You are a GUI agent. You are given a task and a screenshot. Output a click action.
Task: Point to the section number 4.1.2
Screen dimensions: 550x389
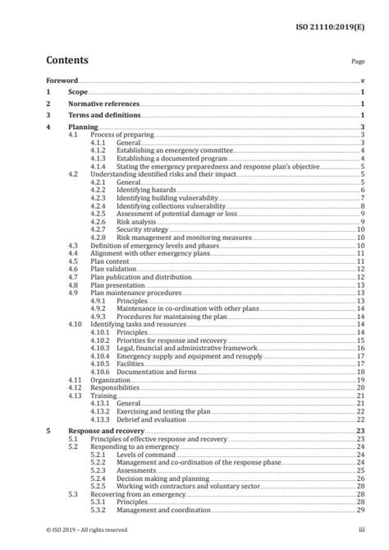[98, 150]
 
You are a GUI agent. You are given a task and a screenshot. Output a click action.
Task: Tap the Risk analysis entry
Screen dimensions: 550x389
[136, 221]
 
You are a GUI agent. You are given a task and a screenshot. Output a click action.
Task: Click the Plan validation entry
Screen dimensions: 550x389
[114, 269]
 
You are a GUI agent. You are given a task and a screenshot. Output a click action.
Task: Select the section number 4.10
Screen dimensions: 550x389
[76, 324]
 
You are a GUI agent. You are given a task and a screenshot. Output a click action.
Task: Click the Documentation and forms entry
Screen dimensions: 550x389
[156, 372]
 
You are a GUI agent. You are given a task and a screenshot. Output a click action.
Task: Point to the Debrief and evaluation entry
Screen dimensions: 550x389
[152, 418]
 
